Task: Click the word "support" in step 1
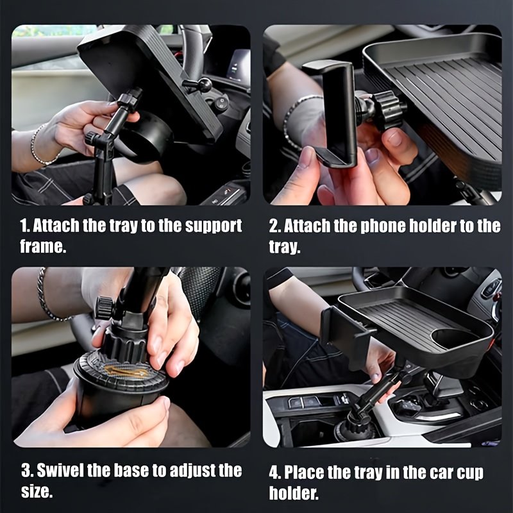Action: point(214,226)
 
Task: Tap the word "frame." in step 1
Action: point(43,246)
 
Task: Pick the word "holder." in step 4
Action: point(294,492)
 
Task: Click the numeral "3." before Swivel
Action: point(27,471)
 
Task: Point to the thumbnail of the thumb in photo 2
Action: point(395,138)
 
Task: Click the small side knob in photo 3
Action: point(103,308)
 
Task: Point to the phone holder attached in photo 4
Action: point(344,333)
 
